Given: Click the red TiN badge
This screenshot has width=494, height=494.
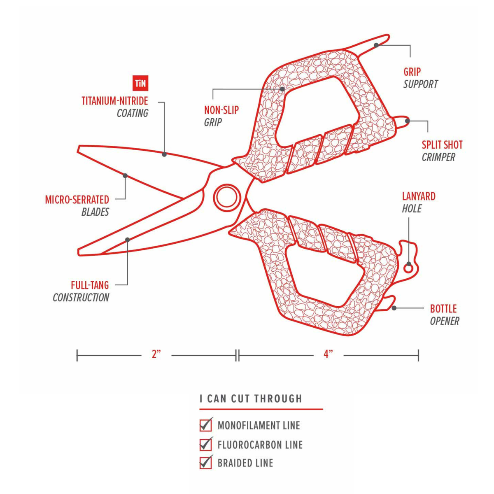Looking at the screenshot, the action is (x=140, y=83).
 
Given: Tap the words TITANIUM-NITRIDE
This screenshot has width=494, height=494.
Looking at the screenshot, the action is (x=114, y=101).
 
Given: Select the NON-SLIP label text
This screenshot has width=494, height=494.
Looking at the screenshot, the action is (x=221, y=110).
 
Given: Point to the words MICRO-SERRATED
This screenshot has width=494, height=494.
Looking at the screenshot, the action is (x=77, y=200).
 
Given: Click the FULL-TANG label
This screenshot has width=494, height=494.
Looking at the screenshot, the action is (x=90, y=285).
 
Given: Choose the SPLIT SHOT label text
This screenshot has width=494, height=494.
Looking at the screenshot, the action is (x=442, y=145).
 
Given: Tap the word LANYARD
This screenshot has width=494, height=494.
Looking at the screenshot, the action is (x=419, y=196).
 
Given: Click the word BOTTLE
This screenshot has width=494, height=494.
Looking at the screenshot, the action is (x=443, y=309).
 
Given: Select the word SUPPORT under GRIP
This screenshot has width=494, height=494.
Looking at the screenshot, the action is (x=421, y=84).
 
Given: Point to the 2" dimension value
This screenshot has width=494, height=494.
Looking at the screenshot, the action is (x=156, y=354).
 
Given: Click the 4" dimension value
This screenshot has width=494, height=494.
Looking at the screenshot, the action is (x=328, y=354).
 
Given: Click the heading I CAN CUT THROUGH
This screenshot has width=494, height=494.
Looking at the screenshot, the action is (x=251, y=398).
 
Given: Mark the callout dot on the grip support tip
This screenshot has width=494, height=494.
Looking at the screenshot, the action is (x=376, y=45).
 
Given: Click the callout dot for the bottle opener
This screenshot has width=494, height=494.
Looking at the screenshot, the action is (x=394, y=308).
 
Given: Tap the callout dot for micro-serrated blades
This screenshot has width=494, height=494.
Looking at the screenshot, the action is (x=125, y=176).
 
